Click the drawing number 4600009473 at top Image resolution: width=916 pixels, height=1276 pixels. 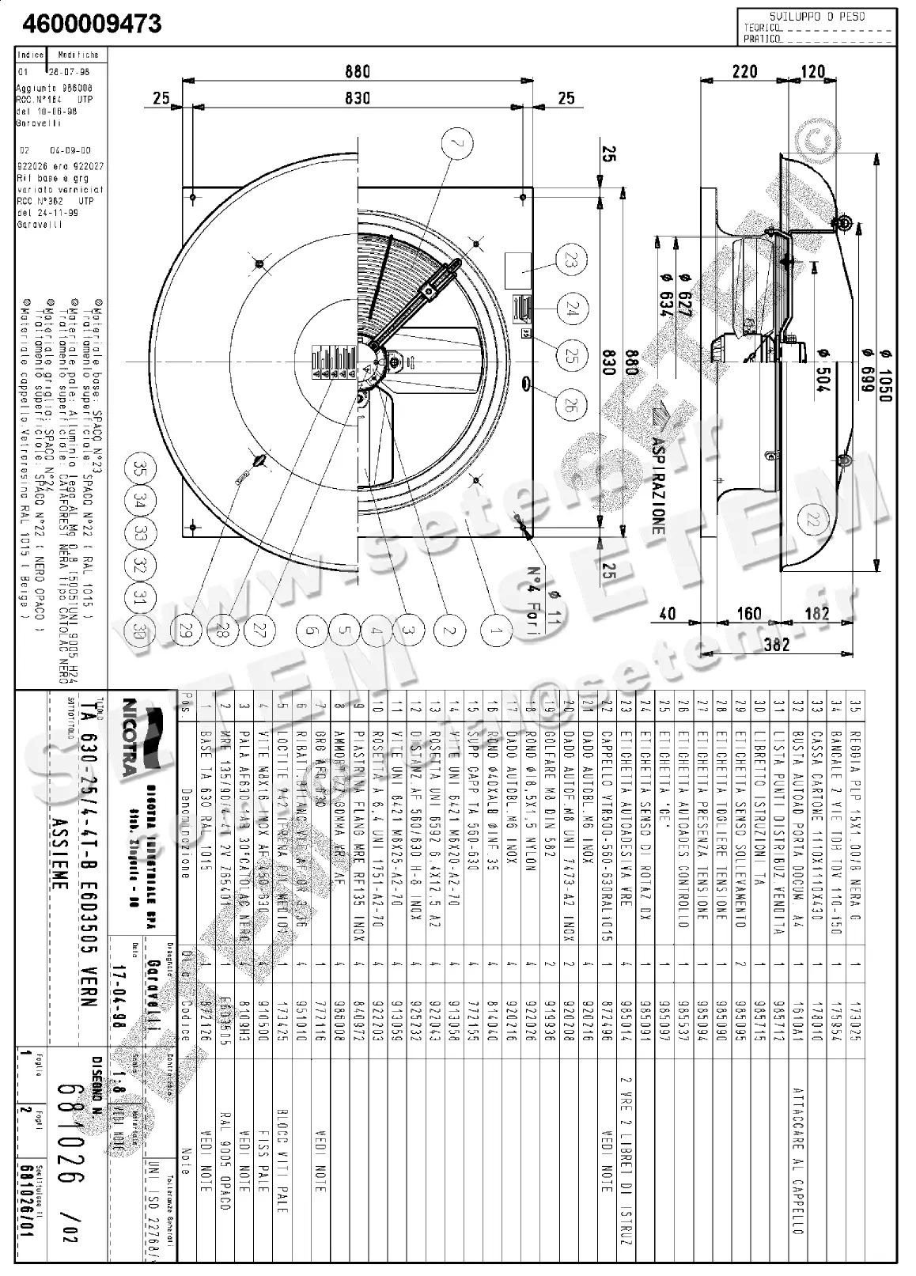pyautogui.click(x=92, y=25)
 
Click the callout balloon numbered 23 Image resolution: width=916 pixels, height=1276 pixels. pyautogui.click(x=571, y=260)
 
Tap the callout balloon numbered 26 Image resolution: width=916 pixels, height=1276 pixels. pyautogui.click(x=571, y=406)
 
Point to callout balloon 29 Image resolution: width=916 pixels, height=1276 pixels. pyautogui.click(x=187, y=630)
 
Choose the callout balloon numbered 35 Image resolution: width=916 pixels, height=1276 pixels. pyautogui.click(x=141, y=468)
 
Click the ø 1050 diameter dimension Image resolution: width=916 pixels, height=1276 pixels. pyautogui.click(x=884, y=374)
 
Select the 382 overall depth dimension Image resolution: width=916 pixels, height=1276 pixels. pyautogui.click(x=776, y=644)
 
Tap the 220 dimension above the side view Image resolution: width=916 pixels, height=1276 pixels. pyautogui.click(x=744, y=71)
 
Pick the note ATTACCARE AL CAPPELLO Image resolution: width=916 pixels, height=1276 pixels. pyautogui.click(x=798, y=1160)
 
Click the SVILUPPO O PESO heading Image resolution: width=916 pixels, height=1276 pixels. pyautogui.click(x=817, y=16)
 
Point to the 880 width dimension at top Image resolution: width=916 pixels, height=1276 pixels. pyautogui.click(x=358, y=71)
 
